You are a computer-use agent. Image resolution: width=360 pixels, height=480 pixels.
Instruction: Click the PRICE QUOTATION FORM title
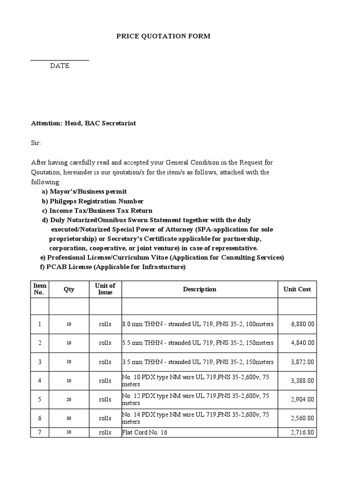(x=163, y=37)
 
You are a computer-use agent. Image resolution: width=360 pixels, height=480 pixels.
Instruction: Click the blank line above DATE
(x=60, y=60)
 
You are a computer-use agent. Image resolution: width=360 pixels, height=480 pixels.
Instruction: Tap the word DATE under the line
(x=60, y=66)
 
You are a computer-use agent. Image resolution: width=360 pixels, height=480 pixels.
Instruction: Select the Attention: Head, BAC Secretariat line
(x=83, y=123)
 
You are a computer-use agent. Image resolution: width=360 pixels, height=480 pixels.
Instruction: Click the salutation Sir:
(x=36, y=142)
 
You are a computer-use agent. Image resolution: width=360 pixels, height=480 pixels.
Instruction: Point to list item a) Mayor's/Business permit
(x=84, y=192)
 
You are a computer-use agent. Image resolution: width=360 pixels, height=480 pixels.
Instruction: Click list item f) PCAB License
(x=113, y=267)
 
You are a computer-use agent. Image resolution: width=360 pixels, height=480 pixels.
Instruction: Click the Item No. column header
(x=39, y=289)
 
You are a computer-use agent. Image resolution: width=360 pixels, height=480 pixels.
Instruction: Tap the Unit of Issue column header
(x=105, y=289)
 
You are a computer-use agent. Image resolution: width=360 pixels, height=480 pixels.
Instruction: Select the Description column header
(x=200, y=289)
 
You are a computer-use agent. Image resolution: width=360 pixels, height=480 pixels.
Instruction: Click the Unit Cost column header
(x=297, y=289)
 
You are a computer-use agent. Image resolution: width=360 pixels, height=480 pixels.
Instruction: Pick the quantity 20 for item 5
(x=69, y=400)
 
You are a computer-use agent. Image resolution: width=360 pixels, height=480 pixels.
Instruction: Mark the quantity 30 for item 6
(x=69, y=419)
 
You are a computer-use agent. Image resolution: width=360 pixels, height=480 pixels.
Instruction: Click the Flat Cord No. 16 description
(x=144, y=433)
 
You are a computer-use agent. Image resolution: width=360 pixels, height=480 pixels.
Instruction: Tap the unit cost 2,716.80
(x=302, y=433)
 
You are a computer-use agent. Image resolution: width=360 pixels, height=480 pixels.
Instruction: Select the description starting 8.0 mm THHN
(x=198, y=324)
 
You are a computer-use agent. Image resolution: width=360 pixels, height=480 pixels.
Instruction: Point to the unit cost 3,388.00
(x=302, y=381)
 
